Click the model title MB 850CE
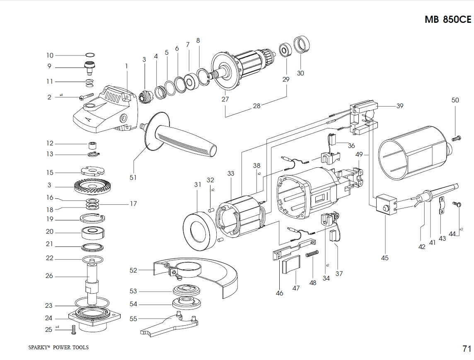tap(448, 19)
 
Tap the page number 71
tap(467, 348)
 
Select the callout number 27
tap(225, 99)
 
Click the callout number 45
tap(385, 258)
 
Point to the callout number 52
tap(133, 270)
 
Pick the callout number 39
tap(399, 106)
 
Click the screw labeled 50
tap(457, 138)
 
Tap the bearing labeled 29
tap(285, 50)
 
